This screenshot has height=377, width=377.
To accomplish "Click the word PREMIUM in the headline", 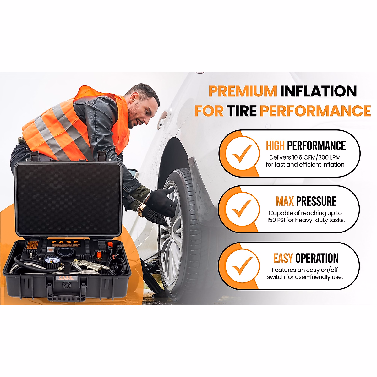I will tap(242, 91).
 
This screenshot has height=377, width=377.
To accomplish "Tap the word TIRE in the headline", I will tap(241, 111).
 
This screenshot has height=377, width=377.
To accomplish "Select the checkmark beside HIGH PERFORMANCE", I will tap(242, 154).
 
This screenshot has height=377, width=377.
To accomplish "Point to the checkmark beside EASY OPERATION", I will tap(242, 266).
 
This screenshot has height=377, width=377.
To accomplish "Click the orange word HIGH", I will tap(275, 146).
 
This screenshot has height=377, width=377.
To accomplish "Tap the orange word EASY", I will tap(283, 258).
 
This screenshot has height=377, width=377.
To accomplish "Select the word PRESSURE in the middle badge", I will tap(316, 201).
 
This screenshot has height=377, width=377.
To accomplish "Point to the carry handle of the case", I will tap(66, 297).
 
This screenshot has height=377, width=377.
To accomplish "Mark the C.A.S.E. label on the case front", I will tap(66, 278).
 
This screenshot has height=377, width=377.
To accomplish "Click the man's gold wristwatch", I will tap(142, 210).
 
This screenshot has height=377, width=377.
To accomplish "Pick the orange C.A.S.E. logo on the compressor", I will tap(65, 242).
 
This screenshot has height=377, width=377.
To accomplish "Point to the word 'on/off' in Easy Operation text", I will tap(329, 270).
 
